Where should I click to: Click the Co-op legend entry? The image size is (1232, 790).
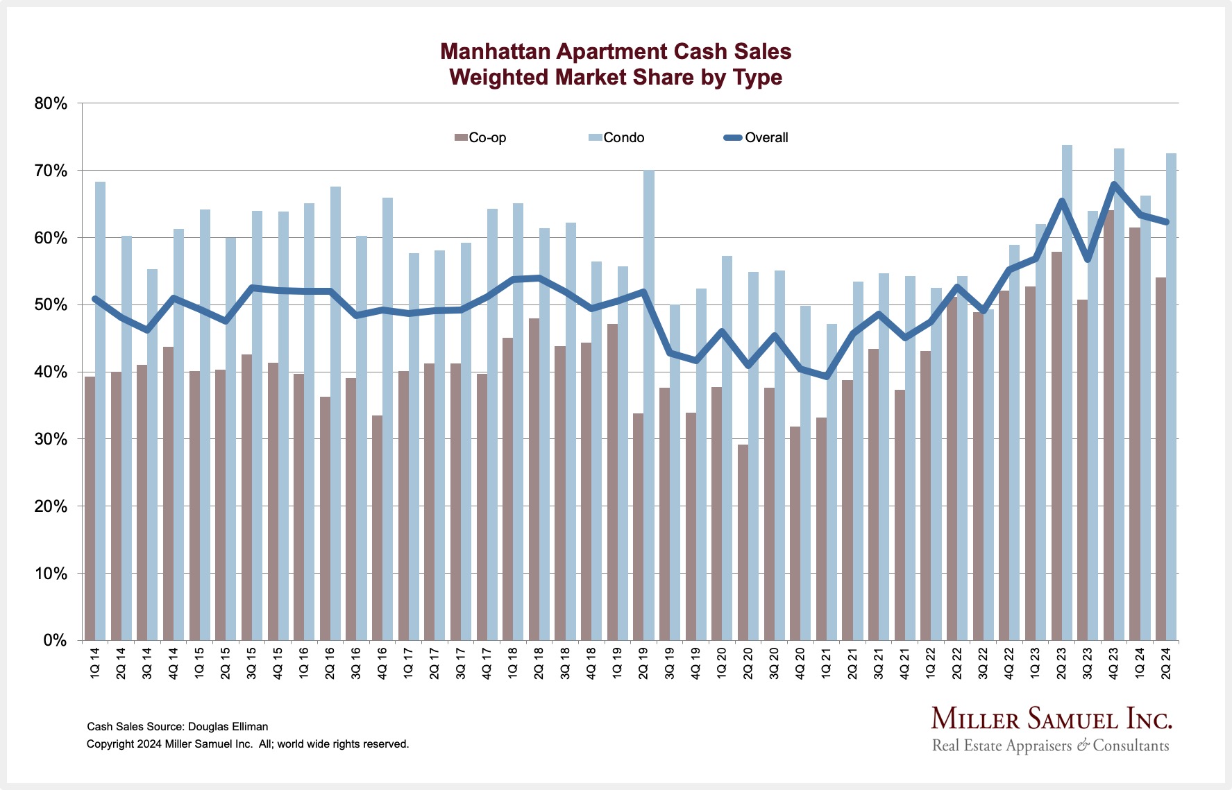(480, 138)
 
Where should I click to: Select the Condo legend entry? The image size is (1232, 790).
(616, 138)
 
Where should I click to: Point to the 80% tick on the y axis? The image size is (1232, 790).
(51, 104)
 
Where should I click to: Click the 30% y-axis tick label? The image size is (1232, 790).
(51, 440)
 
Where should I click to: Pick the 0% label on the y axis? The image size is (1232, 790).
(55, 641)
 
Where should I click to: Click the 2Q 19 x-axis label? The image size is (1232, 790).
(643, 662)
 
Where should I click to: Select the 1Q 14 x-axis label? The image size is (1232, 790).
(95, 662)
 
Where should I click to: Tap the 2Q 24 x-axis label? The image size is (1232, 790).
(1166, 662)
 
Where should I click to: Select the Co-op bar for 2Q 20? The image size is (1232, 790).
(743, 541)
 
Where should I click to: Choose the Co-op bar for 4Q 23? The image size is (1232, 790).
(1108, 423)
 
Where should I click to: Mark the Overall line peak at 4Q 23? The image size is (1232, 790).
(1114, 184)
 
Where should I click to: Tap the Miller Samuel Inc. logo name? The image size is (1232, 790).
(1051, 719)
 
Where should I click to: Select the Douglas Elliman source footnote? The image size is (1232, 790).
(177, 727)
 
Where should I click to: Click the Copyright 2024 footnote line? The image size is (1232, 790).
(248, 744)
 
